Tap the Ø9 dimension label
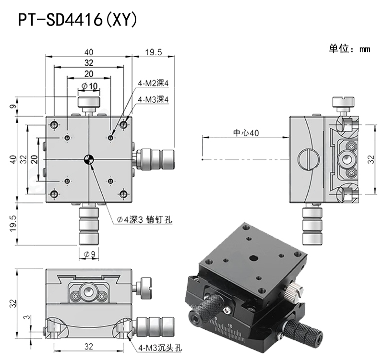click(89, 253)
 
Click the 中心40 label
click(246, 132)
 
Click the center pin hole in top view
click(89, 159)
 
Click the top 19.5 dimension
click(154, 52)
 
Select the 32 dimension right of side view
click(371, 159)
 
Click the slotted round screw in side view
click(307, 159)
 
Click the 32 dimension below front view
click(88, 347)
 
